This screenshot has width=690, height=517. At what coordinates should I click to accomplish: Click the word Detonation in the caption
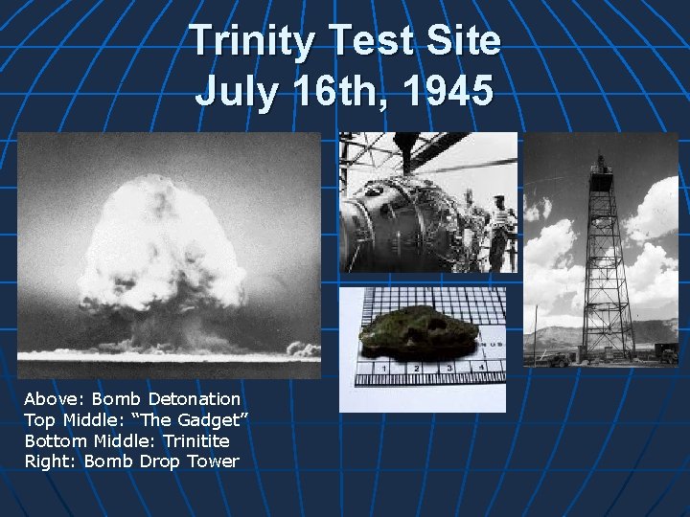[195, 398]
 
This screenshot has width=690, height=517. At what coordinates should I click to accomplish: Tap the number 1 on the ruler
[384, 367]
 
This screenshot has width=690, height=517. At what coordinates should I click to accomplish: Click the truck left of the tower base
[558, 360]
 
